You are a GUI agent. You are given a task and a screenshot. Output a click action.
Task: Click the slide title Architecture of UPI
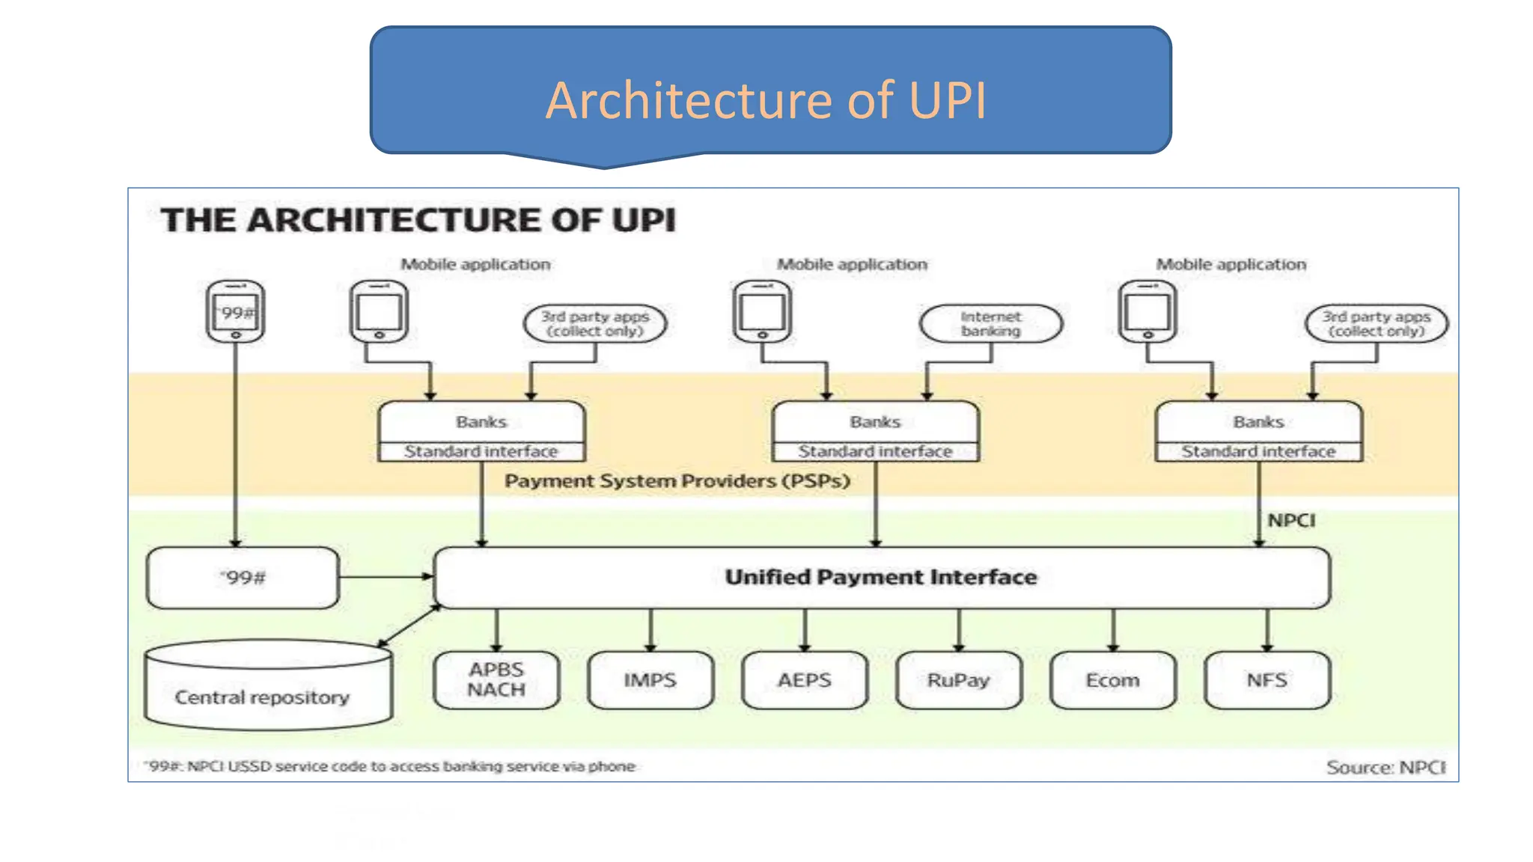766,100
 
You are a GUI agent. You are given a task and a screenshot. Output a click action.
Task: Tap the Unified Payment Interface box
881,577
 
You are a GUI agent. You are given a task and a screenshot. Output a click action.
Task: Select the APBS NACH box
496,679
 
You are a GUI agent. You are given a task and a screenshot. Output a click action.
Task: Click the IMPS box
650,679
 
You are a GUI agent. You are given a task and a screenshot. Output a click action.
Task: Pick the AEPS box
804,679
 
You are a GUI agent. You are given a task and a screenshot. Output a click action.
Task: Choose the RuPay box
958,679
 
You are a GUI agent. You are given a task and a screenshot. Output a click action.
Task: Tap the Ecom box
1112,679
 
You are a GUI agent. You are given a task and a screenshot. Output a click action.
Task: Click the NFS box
1267,679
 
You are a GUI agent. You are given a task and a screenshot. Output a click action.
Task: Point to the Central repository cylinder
267,686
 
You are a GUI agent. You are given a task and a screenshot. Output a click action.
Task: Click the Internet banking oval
990,324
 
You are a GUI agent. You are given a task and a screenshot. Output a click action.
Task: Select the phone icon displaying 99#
236,312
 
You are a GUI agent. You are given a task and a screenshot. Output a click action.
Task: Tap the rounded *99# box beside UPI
243,578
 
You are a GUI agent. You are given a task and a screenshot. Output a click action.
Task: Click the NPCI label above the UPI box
1290,520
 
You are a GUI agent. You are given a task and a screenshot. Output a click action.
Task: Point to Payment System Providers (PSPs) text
677,480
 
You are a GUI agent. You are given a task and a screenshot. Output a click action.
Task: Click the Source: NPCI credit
1386,767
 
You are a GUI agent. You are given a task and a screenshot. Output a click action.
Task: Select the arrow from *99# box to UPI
385,576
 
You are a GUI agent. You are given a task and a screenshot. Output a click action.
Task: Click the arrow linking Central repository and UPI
409,626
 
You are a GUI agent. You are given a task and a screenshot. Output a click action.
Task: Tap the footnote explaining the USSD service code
390,766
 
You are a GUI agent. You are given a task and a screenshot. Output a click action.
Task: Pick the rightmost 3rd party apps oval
1376,324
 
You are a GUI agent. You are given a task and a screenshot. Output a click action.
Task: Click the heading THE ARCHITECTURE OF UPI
418,220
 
